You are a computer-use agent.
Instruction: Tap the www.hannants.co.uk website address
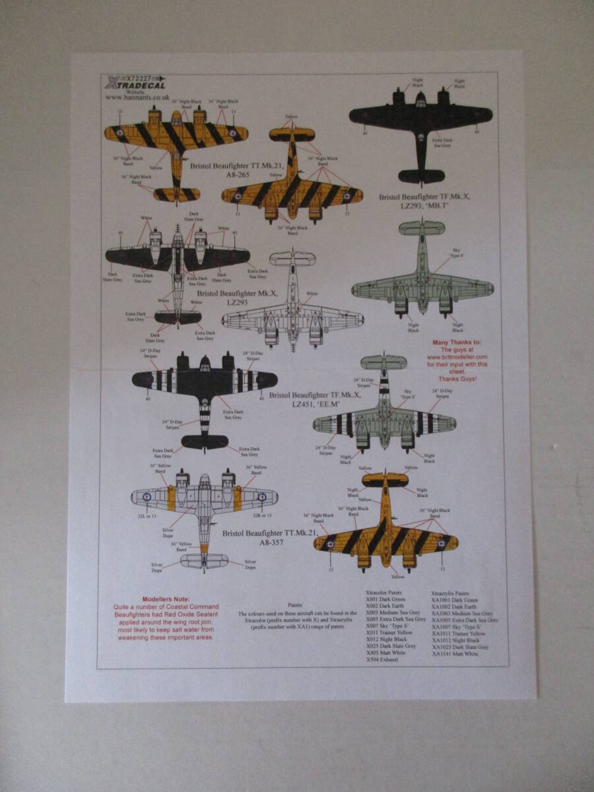point(137,97)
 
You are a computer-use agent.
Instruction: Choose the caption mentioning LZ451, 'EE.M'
point(309,401)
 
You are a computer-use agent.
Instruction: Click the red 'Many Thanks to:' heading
point(456,343)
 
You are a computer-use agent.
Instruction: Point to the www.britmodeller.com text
point(457,357)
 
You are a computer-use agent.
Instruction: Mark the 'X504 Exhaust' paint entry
point(382,660)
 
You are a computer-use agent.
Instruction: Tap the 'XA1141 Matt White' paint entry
point(455,653)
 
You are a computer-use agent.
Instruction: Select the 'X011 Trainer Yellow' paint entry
point(389,632)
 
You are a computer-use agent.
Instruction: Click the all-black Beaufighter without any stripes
point(420,125)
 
